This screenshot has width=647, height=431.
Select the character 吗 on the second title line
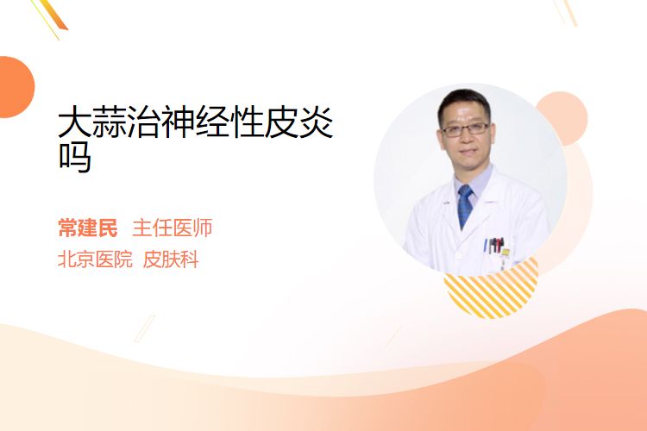point(75,157)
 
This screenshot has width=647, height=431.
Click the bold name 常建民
point(88,228)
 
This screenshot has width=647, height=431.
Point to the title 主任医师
point(173,228)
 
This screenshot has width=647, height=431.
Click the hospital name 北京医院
point(95,259)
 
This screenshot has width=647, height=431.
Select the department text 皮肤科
point(171,259)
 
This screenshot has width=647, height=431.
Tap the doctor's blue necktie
point(466,205)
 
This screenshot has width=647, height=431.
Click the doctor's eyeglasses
point(466,129)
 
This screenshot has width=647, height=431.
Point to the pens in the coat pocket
point(494,245)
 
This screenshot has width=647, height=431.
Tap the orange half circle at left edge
point(16,87)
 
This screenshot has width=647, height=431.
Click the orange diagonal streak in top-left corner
point(53,15)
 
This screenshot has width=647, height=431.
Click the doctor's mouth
point(467,152)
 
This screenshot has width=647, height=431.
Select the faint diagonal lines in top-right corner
point(566,12)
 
